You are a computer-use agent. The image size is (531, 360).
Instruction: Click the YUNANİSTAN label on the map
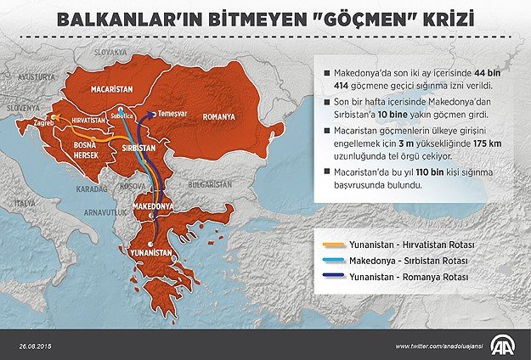tap(148, 252)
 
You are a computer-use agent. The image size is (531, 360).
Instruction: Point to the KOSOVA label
tap(132, 184)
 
